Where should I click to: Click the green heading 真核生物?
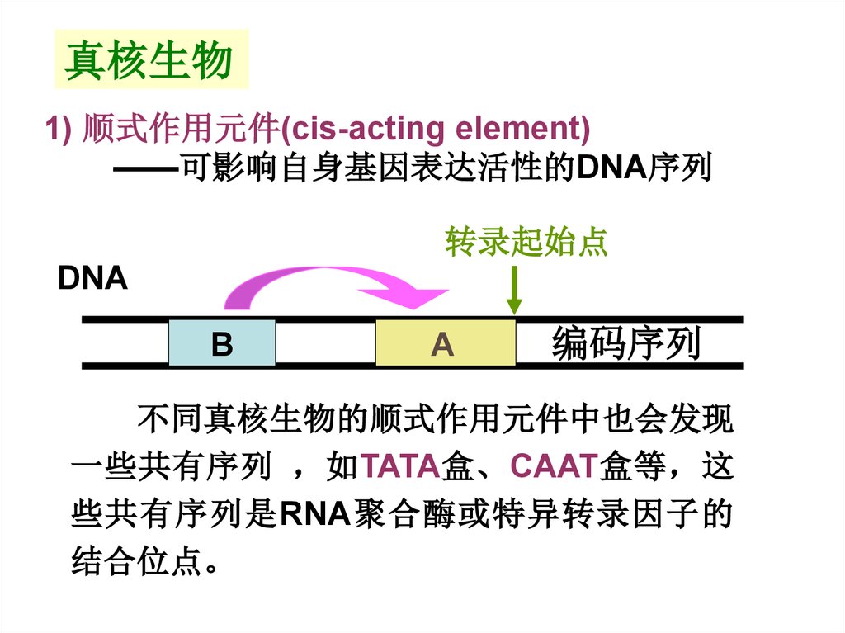click(149, 60)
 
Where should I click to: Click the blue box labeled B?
click(221, 343)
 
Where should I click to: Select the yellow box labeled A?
click(444, 343)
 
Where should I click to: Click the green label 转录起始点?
click(526, 242)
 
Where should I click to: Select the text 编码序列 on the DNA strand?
click(626, 343)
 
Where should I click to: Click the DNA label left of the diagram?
click(92, 279)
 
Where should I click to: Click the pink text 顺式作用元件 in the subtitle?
click(181, 130)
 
